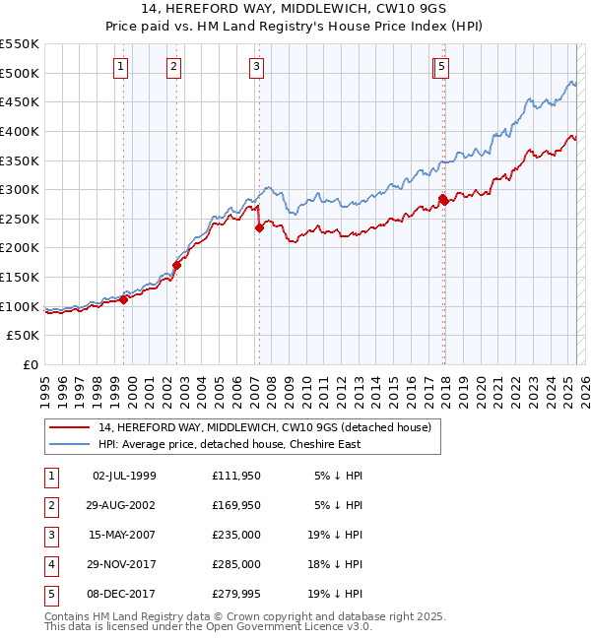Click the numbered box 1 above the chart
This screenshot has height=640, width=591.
[120, 67]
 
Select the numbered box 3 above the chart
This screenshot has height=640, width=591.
[256, 67]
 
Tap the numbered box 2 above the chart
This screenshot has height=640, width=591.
[173, 67]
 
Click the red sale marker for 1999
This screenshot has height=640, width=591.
[124, 300]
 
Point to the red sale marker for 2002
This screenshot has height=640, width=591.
[177, 265]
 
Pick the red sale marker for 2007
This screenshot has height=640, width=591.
[259, 227]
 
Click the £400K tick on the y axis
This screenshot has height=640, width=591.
[20, 131]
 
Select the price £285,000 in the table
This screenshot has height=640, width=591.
[236, 565]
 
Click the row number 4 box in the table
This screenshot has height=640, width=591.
[49, 565]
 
